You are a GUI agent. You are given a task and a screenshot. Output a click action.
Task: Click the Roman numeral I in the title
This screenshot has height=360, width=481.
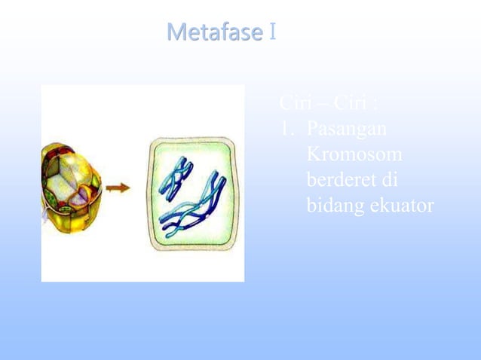click(271, 33)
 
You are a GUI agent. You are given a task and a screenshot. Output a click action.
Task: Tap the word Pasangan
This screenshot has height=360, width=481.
click(347, 129)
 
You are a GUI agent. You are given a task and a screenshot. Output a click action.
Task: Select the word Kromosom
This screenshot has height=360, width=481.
click(354, 155)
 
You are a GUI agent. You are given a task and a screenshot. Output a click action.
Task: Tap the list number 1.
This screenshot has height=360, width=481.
click(285, 129)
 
